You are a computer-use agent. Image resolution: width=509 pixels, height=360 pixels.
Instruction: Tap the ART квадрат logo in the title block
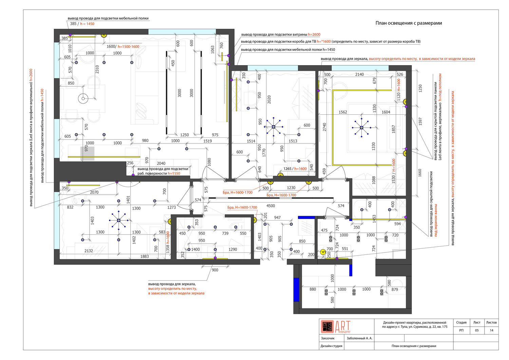click(x=336, y=327)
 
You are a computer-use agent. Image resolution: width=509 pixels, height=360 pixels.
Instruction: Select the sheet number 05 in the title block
click(x=477, y=330)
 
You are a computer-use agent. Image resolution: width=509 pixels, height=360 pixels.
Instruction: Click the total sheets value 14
click(x=491, y=330)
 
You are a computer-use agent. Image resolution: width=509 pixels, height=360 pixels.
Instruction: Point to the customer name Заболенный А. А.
click(x=359, y=338)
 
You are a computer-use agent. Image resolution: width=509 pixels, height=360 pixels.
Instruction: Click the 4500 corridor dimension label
click(x=271, y=206)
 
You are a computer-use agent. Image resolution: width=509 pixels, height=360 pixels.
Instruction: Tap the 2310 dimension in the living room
click(x=97, y=69)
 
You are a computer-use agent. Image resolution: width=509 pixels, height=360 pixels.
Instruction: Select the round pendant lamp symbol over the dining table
click(x=83, y=99)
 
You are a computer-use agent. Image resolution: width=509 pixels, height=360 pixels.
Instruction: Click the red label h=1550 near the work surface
click(x=174, y=173)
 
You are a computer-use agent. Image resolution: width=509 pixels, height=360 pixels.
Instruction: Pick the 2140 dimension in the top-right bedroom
click(x=359, y=74)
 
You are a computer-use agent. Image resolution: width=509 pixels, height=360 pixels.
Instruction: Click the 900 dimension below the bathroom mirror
click(x=215, y=270)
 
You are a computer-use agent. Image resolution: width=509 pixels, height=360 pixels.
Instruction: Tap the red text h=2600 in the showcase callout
click(x=314, y=35)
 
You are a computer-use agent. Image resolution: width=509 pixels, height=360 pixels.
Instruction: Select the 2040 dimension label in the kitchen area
click(x=161, y=163)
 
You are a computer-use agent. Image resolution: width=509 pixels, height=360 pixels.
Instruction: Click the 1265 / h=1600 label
click(x=295, y=169)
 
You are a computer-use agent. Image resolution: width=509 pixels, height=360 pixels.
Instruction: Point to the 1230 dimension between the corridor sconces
click(x=291, y=188)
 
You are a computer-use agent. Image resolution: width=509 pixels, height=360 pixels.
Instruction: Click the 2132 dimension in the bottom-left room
click(x=89, y=251)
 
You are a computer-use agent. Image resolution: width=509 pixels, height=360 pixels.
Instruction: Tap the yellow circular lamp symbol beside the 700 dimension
click(x=323, y=252)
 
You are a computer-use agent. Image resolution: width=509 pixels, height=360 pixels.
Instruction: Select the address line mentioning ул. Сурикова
click(x=415, y=327)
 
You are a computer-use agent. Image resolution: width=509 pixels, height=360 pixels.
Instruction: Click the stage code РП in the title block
click(x=461, y=330)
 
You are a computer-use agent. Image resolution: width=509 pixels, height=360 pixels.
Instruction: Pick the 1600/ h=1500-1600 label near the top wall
click(x=123, y=46)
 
